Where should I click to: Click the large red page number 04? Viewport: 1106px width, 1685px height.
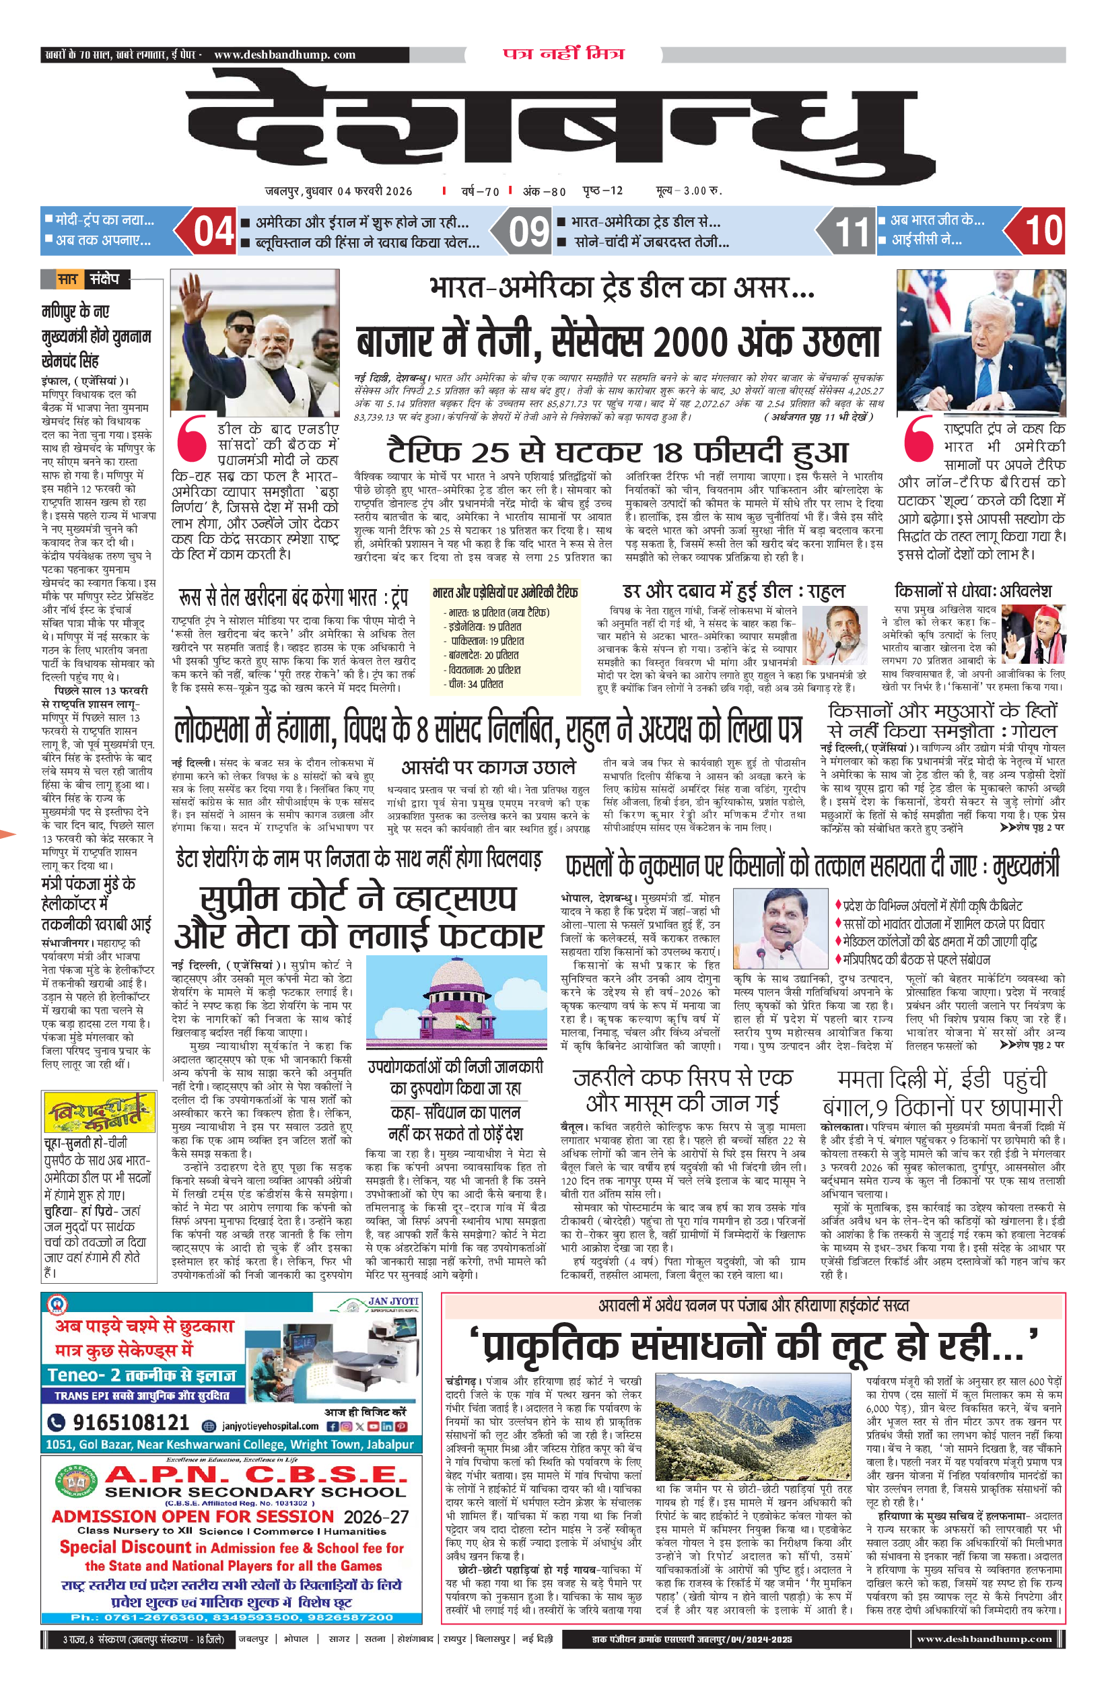coord(213,232)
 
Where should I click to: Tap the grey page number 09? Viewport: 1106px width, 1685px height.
coord(528,232)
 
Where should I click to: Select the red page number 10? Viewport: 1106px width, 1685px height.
coord(1043,231)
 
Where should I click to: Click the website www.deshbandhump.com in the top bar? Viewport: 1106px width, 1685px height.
coord(284,55)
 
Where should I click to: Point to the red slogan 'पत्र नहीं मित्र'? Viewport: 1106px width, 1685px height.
coord(563,54)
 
